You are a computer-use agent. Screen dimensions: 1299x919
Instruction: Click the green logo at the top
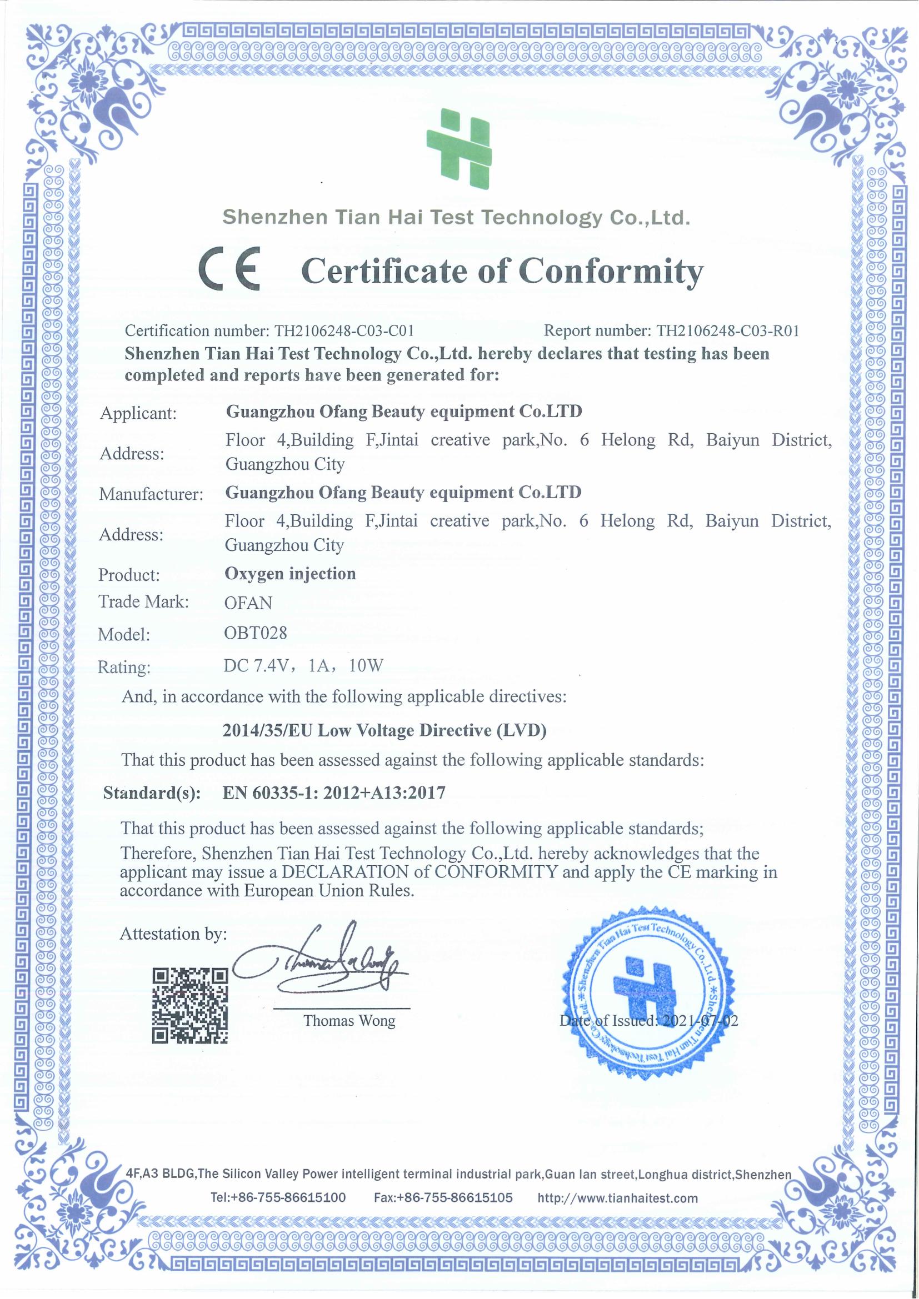coord(459,148)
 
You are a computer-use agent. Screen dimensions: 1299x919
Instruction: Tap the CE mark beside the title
coord(228,269)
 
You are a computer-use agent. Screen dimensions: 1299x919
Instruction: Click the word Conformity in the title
coord(611,272)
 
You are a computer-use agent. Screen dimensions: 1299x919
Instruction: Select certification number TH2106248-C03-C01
coord(344,330)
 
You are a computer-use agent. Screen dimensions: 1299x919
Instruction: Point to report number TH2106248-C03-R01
coord(727,330)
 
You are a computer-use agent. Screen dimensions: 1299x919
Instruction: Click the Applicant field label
coord(138,413)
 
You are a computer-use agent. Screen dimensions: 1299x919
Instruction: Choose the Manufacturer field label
coord(151,494)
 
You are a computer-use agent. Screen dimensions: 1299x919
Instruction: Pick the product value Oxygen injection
coord(290,574)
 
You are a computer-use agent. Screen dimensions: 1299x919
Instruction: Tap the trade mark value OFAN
coord(248,603)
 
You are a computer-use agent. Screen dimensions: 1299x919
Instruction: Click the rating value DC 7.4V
coord(256,665)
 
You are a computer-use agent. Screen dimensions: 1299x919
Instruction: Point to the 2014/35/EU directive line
coord(384,730)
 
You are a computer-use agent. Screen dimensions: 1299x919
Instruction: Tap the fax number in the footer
coord(443,1198)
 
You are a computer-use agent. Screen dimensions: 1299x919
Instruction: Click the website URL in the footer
coord(617,1198)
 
